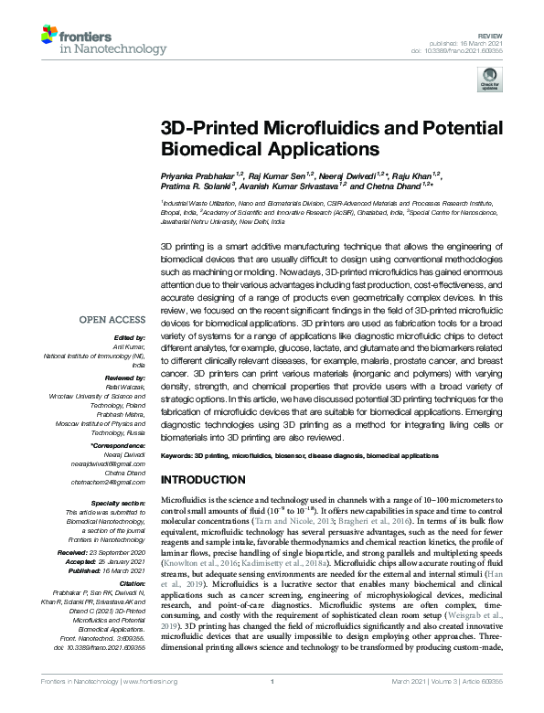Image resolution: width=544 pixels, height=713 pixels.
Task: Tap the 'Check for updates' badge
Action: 485,80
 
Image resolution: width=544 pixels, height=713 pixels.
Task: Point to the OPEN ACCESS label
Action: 112,320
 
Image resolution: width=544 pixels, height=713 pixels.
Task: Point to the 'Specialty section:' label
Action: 117,504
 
